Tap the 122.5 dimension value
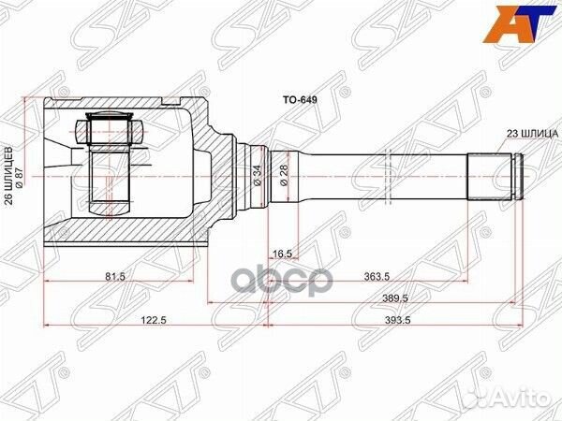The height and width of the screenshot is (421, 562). coord(151,320)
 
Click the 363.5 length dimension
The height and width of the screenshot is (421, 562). coord(377,277)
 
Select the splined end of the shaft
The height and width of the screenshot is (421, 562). coord(494,174)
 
